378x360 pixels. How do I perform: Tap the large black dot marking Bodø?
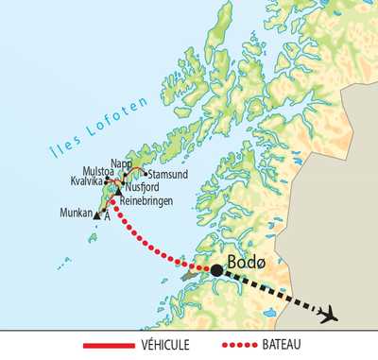coord(216,270)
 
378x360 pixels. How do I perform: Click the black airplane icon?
coord(328,315)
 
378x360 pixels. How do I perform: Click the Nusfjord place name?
coord(142,188)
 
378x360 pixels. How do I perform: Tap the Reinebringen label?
coord(146,199)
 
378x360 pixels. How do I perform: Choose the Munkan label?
coord(76,214)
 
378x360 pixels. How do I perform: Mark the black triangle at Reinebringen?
coord(118,193)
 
